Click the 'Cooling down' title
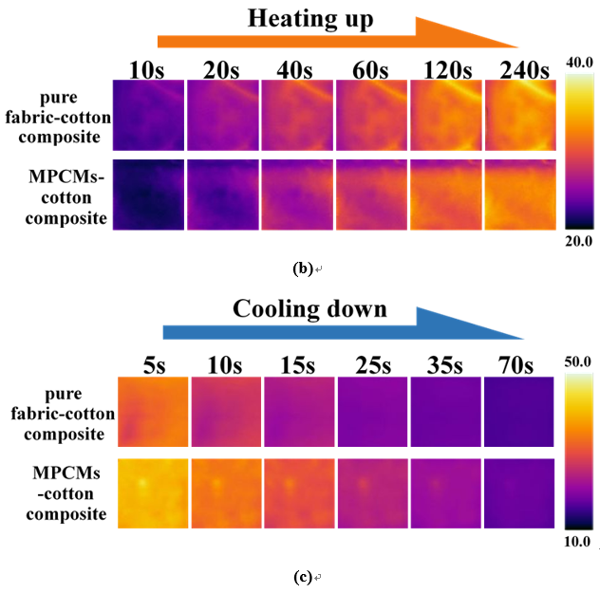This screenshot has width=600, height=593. [x=309, y=309]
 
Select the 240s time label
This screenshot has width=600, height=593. [x=517, y=69]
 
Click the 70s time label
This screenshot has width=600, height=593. [x=518, y=364]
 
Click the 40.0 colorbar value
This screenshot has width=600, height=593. [x=580, y=64]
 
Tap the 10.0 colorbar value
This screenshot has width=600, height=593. [x=580, y=541]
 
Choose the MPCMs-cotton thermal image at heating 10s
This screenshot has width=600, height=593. [x=148, y=195]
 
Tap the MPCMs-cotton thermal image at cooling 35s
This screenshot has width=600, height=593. [x=445, y=494]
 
